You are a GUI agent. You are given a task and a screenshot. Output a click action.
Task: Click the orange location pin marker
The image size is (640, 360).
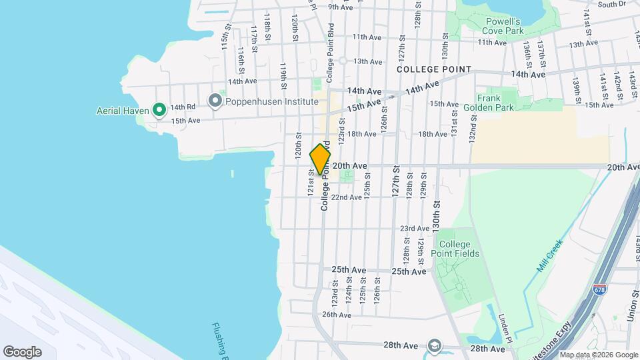click(x=321, y=159)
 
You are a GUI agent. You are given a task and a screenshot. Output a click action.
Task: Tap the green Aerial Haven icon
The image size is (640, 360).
click(x=159, y=109)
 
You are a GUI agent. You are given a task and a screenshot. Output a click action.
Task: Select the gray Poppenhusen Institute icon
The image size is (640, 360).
click(x=215, y=101)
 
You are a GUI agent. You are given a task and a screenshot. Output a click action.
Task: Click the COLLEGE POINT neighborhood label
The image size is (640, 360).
click(x=433, y=69)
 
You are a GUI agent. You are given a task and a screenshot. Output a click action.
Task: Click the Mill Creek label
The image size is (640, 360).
click(x=551, y=255)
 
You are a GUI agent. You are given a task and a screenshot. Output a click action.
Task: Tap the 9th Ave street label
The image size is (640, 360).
click(x=340, y=7)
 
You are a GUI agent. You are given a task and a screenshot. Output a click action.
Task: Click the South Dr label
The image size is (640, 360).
click(x=611, y=4)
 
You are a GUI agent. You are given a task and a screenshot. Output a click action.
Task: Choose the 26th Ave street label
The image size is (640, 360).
click(x=336, y=315)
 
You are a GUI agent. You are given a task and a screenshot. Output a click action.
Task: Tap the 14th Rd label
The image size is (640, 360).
click(x=182, y=107)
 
